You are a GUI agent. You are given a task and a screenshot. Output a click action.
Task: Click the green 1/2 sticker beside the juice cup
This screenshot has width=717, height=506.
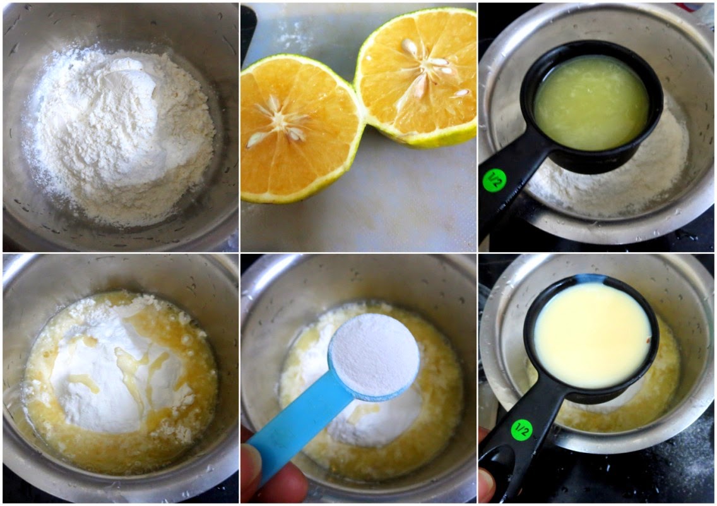(495, 180)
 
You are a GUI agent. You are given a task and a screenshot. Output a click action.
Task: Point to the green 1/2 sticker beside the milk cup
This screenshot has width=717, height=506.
(522, 430)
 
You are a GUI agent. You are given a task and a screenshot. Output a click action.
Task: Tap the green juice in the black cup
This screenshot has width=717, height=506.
(591, 104)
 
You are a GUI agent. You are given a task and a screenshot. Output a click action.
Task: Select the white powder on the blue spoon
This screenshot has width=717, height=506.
(374, 354)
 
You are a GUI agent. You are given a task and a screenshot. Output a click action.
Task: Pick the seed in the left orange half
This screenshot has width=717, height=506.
(257, 140)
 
